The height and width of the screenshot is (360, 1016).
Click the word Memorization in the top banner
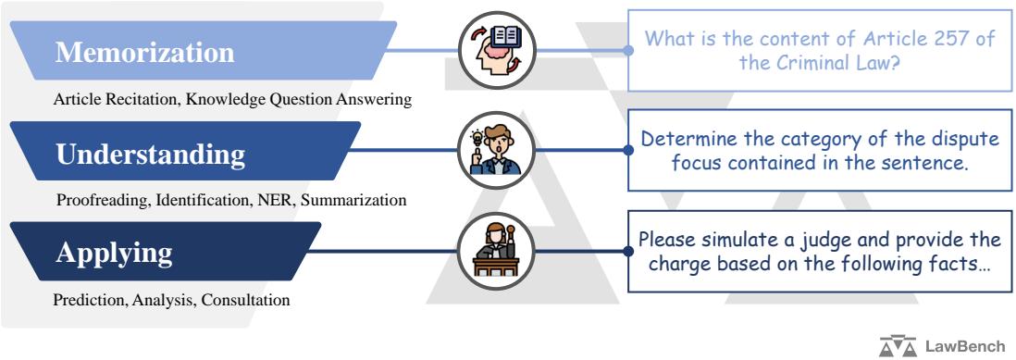[x=146, y=53]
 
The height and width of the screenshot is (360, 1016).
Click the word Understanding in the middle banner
[x=152, y=154]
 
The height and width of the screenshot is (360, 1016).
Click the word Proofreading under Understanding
[x=99, y=199]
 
